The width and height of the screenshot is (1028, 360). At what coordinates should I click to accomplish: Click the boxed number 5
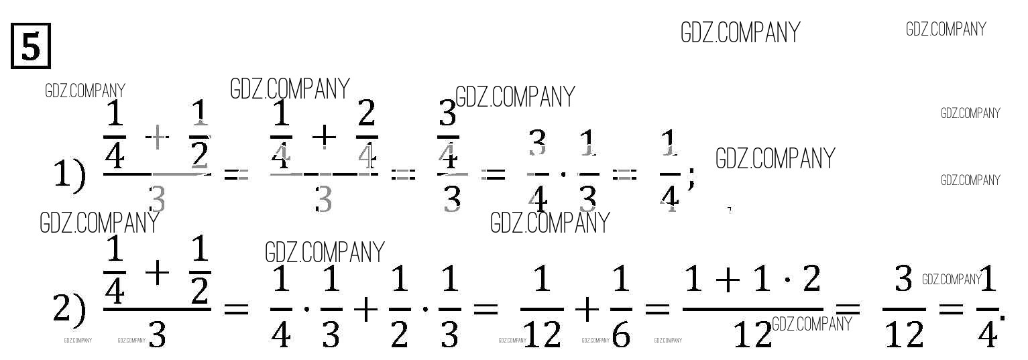coord(31,46)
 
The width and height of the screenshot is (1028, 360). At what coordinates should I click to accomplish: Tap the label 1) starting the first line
coord(69,176)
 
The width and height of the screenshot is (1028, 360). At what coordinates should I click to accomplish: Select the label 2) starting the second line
coord(69,308)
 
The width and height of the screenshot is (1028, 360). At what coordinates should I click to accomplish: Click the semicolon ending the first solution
coord(692,178)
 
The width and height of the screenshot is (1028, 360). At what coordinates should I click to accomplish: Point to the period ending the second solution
coord(1003,315)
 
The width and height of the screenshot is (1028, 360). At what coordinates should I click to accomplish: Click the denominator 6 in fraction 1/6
coord(621,334)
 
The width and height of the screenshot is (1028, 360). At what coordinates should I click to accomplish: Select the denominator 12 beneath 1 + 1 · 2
coord(752,334)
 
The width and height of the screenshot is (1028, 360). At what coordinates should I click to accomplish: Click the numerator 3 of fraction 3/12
coord(904,278)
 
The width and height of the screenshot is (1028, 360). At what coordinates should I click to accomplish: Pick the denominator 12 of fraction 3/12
coord(904,334)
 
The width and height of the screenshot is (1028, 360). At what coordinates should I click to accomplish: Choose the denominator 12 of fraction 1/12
coord(542,334)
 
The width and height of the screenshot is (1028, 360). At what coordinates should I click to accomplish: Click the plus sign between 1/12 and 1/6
coord(587,309)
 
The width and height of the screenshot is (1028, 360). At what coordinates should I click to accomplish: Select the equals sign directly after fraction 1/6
coord(656,309)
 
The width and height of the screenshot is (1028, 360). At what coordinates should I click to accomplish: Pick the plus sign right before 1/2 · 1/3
coord(366,309)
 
